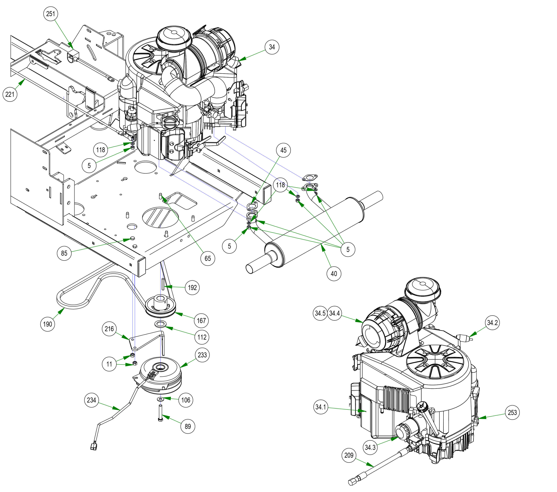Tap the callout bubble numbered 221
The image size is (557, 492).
[x=10, y=94]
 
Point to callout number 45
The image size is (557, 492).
[x=283, y=150]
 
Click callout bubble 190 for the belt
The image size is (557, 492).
[x=47, y=324]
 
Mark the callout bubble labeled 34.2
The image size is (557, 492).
[x=492, y=323]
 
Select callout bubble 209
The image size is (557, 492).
[x=349, y=455]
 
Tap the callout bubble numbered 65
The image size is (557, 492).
[x=208, y=258]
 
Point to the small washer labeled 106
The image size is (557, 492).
[x=161, y=399]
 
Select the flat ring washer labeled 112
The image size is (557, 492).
[x=160, y=324]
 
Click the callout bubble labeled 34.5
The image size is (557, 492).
[x=320, y=313]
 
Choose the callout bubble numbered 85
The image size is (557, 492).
[x=64, y=253]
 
